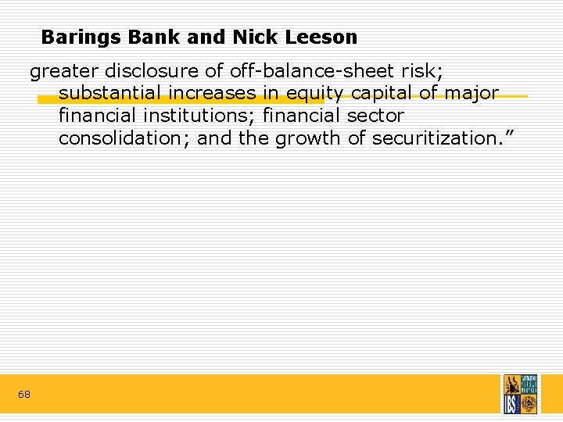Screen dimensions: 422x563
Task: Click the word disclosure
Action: [x=154, y=72]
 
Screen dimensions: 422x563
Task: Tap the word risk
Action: [x=426, y=72]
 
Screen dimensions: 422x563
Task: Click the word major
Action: [x=471, y=95]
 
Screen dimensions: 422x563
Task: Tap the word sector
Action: [x=376, y=117]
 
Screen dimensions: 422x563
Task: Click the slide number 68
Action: [x=24, y=395]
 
